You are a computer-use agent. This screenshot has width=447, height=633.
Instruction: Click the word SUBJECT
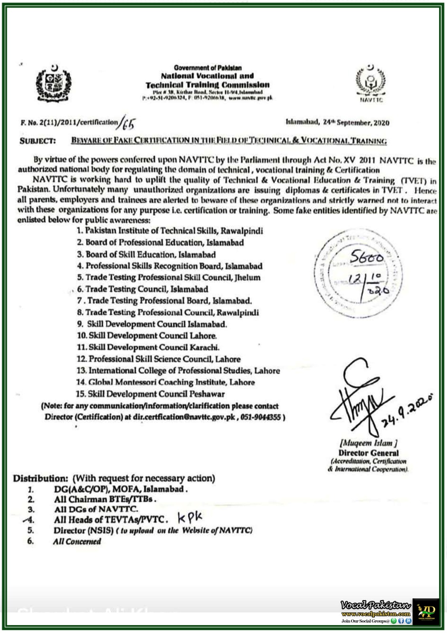38,141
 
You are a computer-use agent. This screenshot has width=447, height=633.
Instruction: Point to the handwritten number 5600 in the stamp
367,258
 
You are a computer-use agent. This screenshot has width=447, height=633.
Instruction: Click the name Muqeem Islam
368,443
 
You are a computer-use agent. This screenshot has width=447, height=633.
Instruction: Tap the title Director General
368,453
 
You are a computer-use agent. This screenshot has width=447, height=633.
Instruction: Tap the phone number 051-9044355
262,417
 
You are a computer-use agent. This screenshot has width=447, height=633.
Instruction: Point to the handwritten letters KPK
190,517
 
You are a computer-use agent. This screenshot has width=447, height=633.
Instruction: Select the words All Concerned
77,541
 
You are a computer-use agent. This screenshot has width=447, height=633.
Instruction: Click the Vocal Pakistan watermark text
375,605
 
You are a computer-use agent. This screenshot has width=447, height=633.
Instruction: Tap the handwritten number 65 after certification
128,123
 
